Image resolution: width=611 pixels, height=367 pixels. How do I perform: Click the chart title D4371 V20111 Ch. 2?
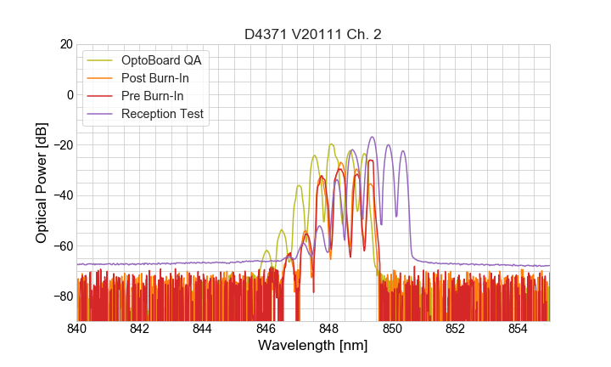312,34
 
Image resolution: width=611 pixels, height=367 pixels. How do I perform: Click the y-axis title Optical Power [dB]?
42,182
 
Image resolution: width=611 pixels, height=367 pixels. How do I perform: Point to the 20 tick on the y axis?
65,44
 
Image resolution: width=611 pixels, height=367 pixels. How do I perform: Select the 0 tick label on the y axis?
70,94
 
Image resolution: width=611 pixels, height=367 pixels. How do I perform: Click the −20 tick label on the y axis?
63,144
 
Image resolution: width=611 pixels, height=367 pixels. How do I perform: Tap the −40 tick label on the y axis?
63,195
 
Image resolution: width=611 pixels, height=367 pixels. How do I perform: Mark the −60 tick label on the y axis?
63,246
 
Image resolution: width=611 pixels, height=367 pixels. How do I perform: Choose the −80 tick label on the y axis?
63,296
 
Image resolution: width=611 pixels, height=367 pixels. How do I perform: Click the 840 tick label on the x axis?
76,328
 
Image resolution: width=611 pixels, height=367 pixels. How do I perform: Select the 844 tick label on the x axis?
202,328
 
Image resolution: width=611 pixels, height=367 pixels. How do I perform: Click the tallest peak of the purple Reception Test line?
372,137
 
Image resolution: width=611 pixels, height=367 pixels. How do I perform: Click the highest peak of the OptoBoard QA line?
331,144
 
